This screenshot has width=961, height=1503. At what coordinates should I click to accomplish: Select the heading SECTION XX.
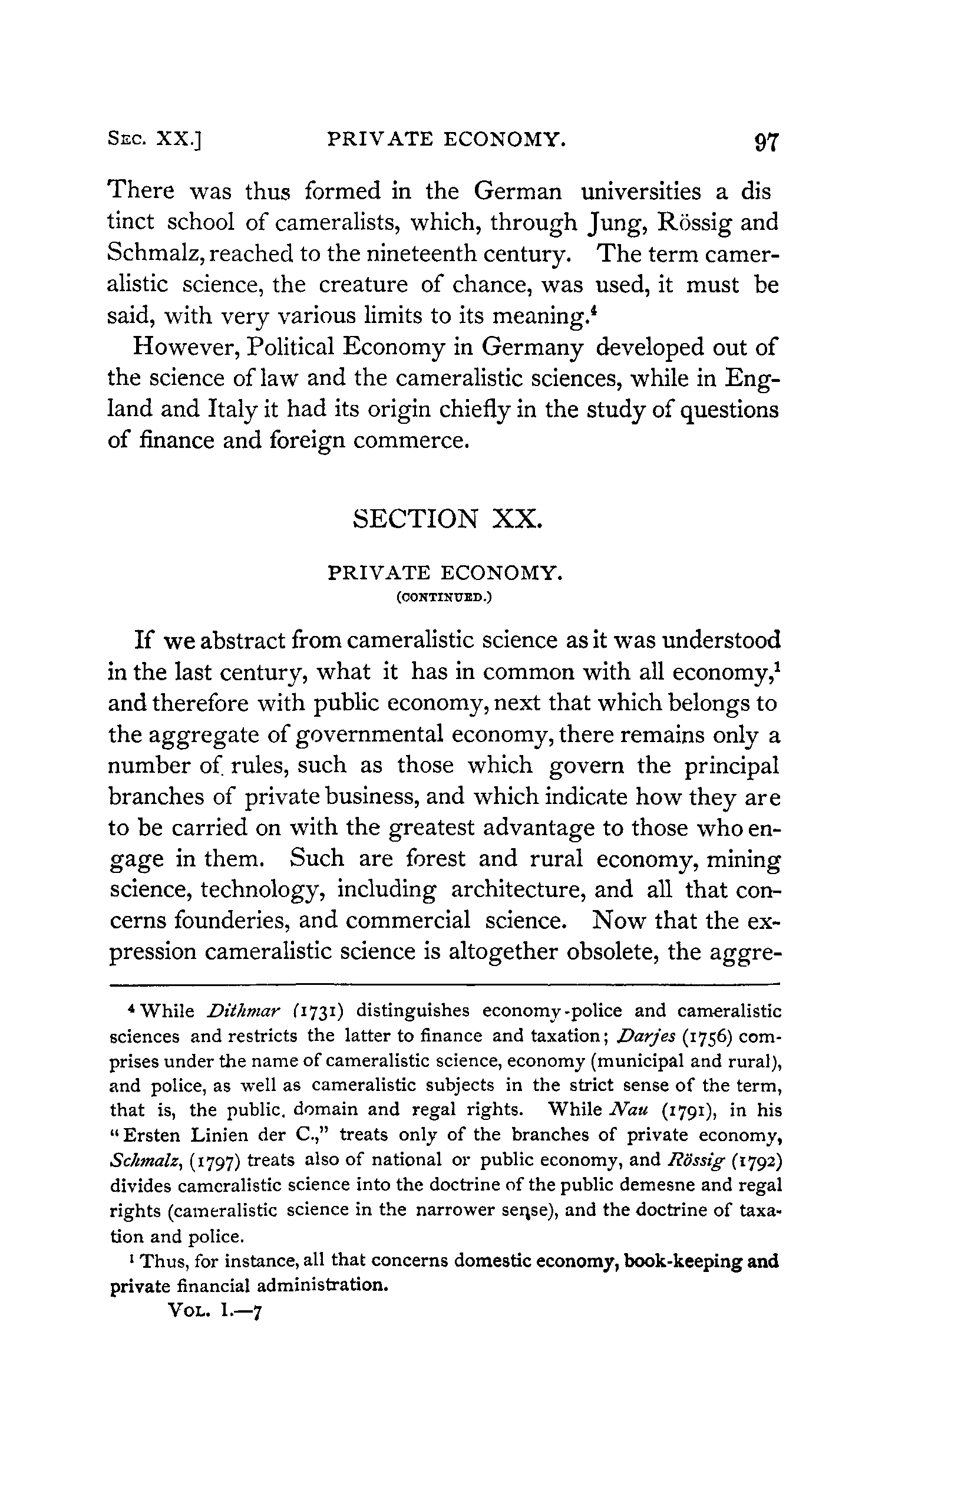447,519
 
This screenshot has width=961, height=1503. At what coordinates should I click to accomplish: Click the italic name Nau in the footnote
624,1110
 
